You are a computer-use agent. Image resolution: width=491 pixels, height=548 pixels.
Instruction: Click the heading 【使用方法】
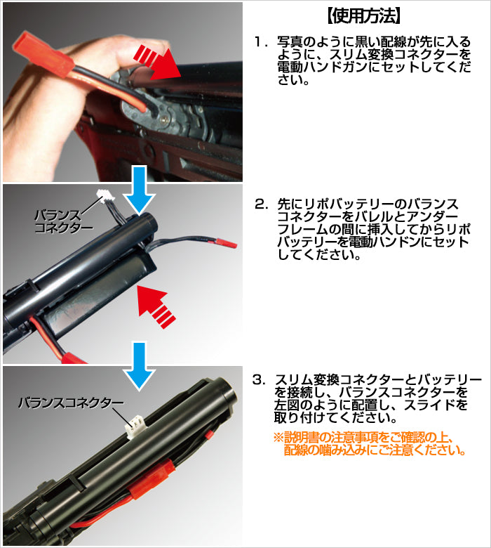point(363,15)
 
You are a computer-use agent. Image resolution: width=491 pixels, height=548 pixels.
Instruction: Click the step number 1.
point(260,43)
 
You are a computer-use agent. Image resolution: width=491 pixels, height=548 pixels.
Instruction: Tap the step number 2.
point(261,204)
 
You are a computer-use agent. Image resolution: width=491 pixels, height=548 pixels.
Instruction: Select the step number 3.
point(260,380)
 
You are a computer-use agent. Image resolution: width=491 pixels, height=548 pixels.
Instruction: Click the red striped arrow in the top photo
point(158,62)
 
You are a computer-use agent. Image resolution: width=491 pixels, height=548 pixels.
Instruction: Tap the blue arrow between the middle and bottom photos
point(140,366)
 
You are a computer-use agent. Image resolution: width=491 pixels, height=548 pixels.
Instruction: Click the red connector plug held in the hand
point(43,53)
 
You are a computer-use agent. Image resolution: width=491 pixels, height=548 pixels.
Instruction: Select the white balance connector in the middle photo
point(104,196)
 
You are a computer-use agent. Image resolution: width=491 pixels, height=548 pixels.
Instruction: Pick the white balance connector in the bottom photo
point(134,426)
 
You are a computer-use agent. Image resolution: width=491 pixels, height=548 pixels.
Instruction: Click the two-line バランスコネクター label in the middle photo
point(64,221)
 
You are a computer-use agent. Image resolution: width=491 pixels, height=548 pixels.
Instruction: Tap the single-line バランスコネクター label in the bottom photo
point(71,403)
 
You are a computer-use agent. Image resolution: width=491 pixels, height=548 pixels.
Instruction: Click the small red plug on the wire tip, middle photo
point(229,243)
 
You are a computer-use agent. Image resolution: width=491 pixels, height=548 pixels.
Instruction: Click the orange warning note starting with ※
point(370,443)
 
